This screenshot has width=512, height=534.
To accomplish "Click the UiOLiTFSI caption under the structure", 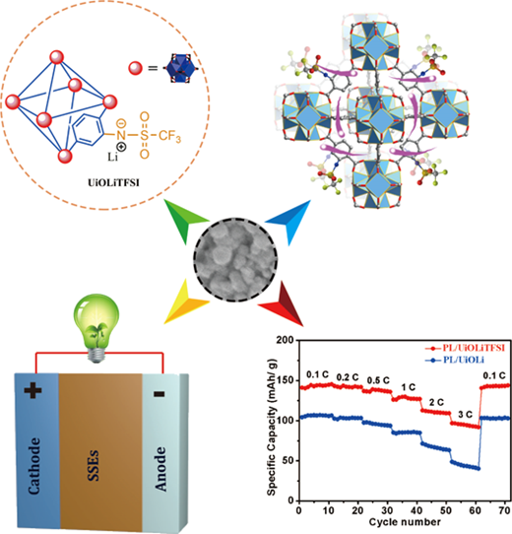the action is [113, 183].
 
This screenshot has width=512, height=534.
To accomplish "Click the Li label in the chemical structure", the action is [112, 157].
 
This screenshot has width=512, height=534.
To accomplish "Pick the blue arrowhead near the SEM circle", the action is [290, 221].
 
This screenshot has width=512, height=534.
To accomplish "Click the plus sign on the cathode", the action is [33, 391].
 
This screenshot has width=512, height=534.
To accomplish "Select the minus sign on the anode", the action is [159, 394].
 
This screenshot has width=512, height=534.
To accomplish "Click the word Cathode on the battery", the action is [34, 466].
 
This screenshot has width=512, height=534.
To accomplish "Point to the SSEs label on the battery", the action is [94, 465].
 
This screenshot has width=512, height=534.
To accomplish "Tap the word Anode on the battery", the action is [161, 469].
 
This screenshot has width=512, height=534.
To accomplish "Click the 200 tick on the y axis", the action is [286, 340].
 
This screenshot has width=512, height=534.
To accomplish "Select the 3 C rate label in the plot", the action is [465, 415].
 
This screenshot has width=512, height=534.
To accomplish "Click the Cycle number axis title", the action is [405, 522].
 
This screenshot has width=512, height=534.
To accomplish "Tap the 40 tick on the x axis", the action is [416, 510].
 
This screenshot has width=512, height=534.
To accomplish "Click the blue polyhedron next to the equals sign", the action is [180, 68].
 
